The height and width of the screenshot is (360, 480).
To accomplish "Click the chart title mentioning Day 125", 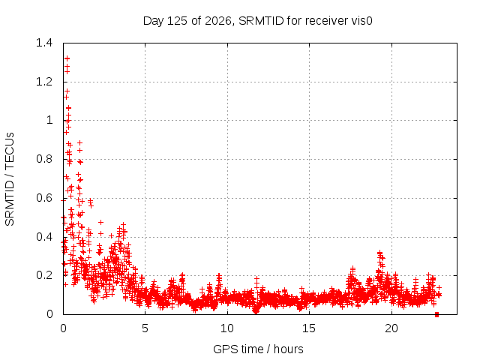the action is click(x=257, y=21).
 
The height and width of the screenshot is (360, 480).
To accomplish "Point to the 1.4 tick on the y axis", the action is click(x=44, y=43).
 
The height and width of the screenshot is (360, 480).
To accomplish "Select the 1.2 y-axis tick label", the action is click(x=44, y=82).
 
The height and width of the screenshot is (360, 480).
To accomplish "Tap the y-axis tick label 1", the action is click(x=49, y=120).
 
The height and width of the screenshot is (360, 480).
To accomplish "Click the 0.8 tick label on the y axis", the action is click(x=44, y=159).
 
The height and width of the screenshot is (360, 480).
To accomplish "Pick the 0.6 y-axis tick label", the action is click(x=44, y=198).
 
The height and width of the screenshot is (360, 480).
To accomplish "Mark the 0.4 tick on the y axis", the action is click(x=44, y=237).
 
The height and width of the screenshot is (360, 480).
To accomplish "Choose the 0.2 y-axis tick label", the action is click(x=44, y=275).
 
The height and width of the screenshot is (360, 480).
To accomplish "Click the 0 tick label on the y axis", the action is click(x=49, y=313).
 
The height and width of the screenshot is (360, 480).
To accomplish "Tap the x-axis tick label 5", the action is click(x=145, y=328).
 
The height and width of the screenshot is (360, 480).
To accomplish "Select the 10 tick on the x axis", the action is click(x=227, y=328).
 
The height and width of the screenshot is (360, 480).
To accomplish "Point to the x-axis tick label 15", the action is click(x=309, y=328).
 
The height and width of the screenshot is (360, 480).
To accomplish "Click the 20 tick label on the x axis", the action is click(x=391, y=328).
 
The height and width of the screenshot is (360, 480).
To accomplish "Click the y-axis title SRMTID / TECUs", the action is click(x=10, y=179).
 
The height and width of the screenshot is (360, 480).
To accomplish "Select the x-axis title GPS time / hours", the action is click(x=258, y=349).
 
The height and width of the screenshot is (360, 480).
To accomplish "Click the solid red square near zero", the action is click(x=436, y=315).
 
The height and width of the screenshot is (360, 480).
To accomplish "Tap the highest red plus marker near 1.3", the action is click(x=67, y=58).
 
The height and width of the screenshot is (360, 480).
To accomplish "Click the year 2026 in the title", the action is click(x=218, y=21).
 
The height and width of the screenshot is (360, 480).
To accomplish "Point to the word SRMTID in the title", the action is click(x=261, y=21).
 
